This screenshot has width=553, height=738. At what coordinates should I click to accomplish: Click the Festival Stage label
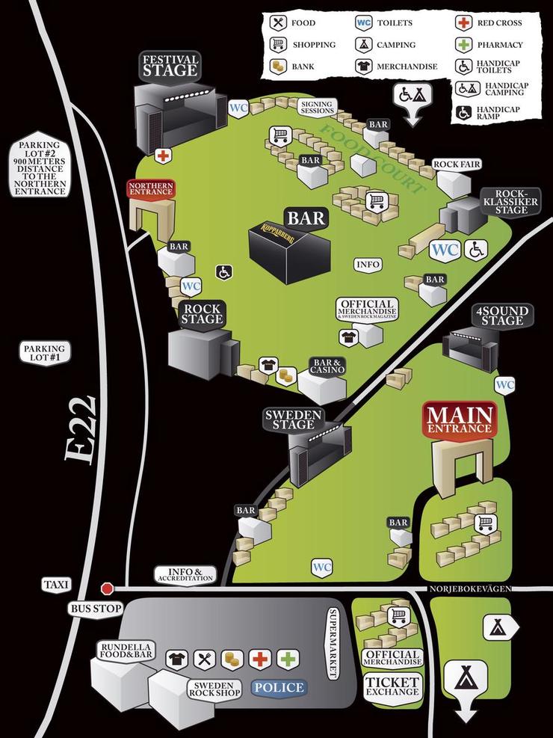click(170, 65)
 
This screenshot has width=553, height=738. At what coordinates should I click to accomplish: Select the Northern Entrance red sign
click(151, 188)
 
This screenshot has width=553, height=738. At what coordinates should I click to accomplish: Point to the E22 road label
click(81, 430)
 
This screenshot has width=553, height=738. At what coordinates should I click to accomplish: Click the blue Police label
click(279, 688)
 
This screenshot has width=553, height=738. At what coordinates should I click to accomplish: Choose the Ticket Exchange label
click(392, 686)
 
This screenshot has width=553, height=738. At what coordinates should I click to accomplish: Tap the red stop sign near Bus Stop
click(107, 588)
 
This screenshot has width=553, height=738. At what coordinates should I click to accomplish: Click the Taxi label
click(55, 585)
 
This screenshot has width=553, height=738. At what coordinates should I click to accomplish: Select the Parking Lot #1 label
click(45, 354)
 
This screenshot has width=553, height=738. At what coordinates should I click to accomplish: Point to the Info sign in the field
click(368, 265)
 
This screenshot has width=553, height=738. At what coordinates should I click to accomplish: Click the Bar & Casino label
click(327, 366)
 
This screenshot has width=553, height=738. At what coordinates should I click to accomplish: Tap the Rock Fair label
click(456, 164)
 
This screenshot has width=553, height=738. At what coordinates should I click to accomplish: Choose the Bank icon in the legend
click(279, 66)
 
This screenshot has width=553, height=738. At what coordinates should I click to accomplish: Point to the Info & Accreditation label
click(185, 575)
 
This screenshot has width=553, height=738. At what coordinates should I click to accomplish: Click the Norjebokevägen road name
click(470, 589)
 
